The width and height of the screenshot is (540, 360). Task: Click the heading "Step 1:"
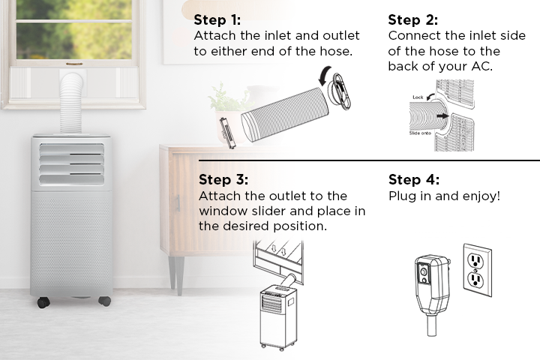click(217, 20)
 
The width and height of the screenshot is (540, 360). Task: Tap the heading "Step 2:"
click(413, 20)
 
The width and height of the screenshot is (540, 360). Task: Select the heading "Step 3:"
click(223, 179)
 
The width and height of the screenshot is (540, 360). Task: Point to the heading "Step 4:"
click(414, 179)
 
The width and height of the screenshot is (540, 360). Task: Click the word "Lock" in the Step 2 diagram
click(418, 97)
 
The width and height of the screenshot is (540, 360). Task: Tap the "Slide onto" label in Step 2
click(420, 133)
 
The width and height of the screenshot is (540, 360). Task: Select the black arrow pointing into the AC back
click(442, 116)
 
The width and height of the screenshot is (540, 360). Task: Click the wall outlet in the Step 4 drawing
click(477, 270)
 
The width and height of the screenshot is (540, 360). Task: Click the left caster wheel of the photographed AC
click(43, 302)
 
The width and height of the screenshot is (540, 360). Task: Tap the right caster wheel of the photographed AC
click(105, 301)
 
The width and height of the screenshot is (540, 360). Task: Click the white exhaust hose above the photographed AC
click(71, 103)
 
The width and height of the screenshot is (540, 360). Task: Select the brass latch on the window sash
click(74, 64)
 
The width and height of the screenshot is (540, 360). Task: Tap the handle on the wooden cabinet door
click(178, 202)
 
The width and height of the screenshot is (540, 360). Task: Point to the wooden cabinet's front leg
click(179, 275)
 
